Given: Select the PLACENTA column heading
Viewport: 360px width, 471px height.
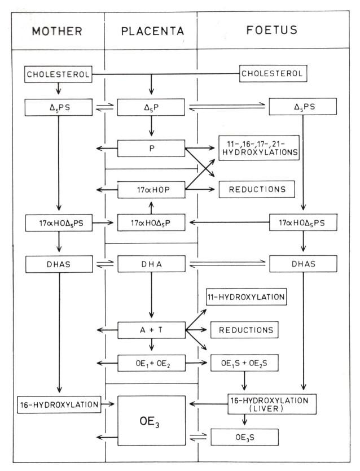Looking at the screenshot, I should (151, 31).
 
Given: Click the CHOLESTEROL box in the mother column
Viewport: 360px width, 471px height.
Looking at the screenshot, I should (58, 73).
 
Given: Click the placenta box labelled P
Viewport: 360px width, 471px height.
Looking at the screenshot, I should (151, 149).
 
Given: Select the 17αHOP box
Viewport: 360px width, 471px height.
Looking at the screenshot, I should (151, 189).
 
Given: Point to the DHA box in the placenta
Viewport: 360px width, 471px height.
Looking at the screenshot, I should (151, 264).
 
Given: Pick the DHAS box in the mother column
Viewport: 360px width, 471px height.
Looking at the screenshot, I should (58, 264).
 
